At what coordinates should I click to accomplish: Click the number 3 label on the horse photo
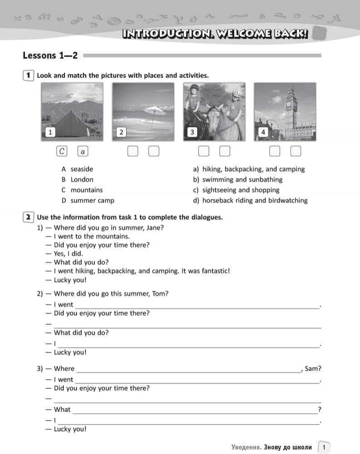click(192, 132)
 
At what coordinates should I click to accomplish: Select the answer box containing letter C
click(62, 151)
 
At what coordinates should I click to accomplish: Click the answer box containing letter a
click(83, 151)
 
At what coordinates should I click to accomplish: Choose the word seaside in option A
click(82, 169)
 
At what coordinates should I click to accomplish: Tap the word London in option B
click(82, 179)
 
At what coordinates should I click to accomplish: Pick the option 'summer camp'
click(92, 200)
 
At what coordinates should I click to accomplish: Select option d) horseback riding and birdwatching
click(255, 200)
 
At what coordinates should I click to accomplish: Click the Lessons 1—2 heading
click(50, 55)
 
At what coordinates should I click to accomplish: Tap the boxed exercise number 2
click(28, 217)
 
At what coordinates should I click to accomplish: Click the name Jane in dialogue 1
click(155, 227)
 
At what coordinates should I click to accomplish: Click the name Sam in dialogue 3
click(313, 369)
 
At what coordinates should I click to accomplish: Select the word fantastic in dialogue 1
click(213, 271)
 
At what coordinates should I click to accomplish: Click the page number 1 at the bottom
click(324, 447)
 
